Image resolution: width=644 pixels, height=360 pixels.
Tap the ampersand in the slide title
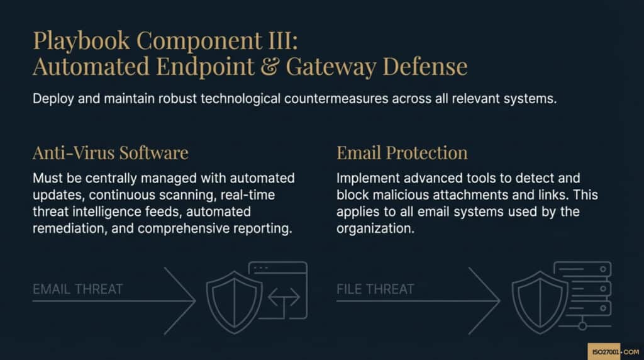pyautogui.click(x=269, y=67)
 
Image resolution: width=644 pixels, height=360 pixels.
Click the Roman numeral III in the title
pyautogui.click(x=284, y=41)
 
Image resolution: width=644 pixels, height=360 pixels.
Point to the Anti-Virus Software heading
pyautogui.click(x=110, y=152)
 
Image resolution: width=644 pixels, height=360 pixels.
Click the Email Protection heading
pyautogui.click(x=402, y=152)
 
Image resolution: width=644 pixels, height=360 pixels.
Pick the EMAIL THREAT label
pyautogui.click(x=77, y=289)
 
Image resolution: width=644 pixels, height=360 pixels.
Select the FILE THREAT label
pyautogui.click(x=375, y=289)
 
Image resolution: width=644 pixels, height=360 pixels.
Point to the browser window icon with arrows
pyautogui.click(x=279, y=291)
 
